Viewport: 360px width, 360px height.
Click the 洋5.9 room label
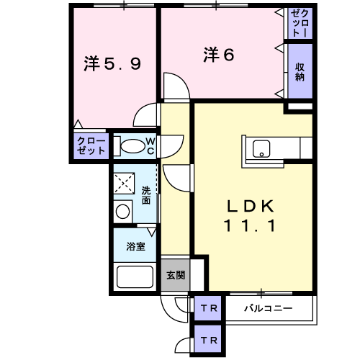[x=112, y=63]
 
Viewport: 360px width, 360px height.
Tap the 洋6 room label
[x=219, y=55]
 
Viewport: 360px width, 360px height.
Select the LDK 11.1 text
[x=250, y=215]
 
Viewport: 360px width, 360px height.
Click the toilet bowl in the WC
[x=132, y=145]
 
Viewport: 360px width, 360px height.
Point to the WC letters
[x=150, y=145]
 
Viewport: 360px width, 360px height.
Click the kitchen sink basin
[x=261, y=149]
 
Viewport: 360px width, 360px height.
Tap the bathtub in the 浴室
[x=135, y=276]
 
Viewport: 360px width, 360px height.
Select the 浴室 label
[x=135, y=246]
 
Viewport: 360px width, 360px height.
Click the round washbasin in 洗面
[x=122, y=212]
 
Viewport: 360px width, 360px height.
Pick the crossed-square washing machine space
[x=124, y=183]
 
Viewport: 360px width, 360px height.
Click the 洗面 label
[x=146, y=195]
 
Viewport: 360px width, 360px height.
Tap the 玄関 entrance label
[x=176, y=275]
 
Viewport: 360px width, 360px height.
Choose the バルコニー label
[x=269, y=308]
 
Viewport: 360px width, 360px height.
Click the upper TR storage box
[x=207, y=308]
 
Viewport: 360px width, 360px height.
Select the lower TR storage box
[x=207, y=340]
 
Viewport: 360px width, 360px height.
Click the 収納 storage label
[x=300, y=72]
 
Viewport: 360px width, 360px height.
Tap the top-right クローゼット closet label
[x=300, y=23]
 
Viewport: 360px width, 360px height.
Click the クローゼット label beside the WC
[x=91, y=145]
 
